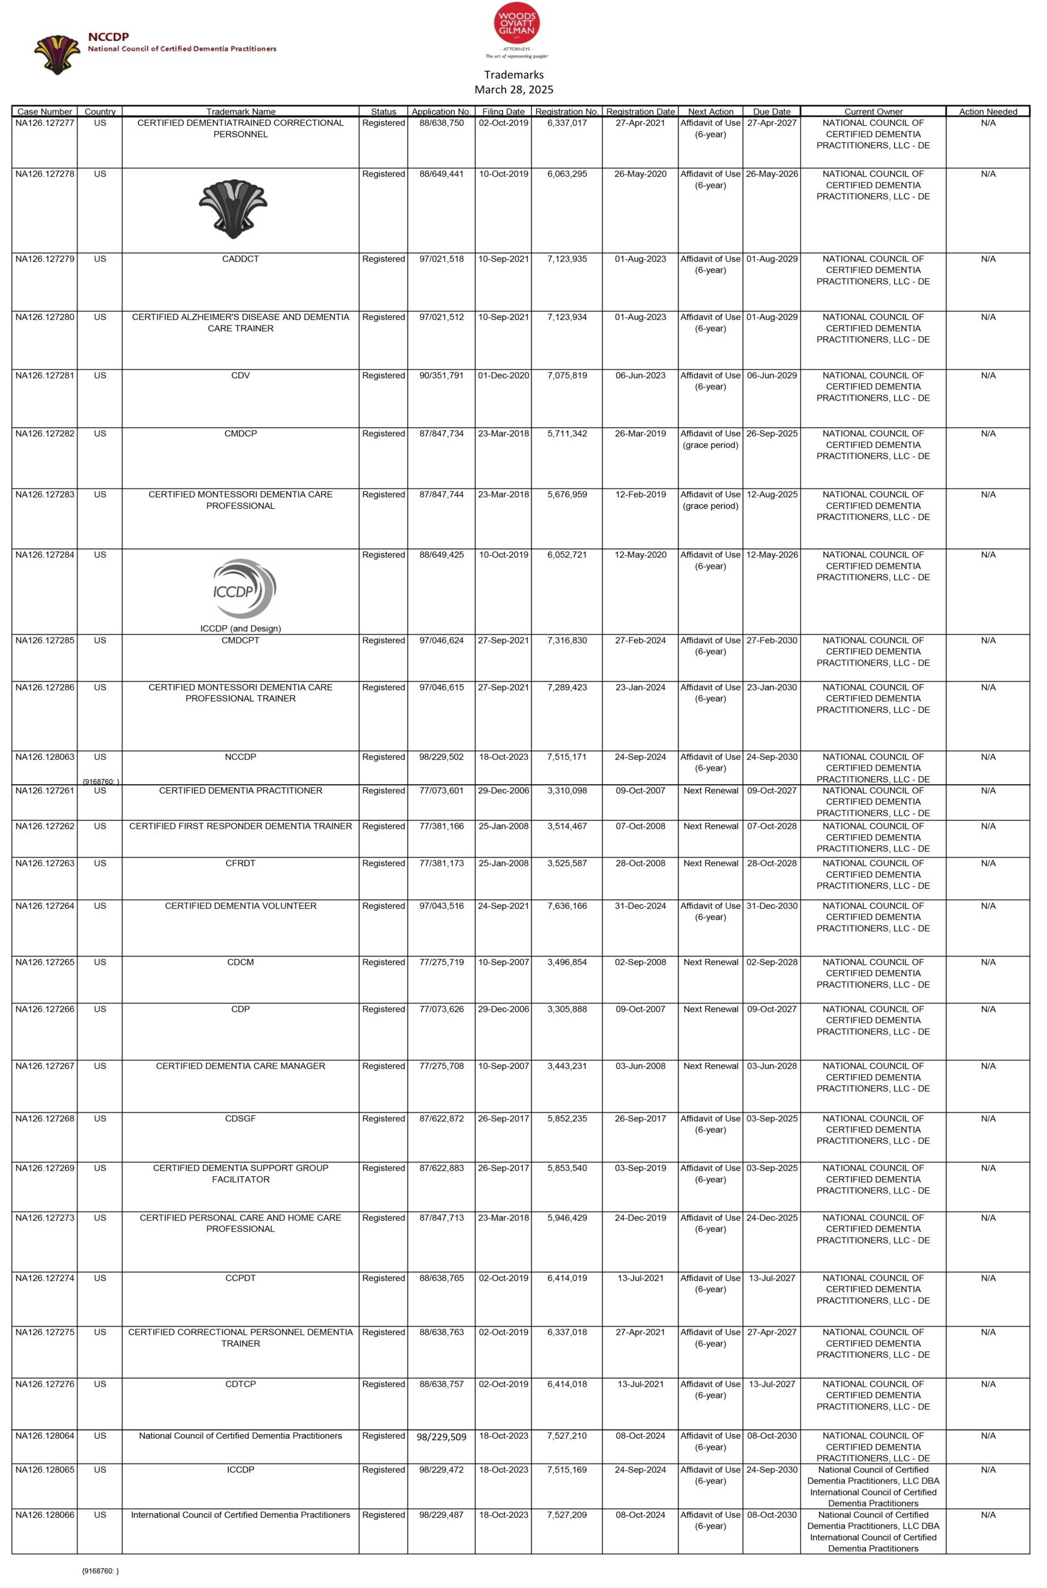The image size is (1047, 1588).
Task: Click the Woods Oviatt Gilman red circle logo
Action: (x=516, y=24)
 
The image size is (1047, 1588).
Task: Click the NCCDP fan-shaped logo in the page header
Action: (x=58, y=54)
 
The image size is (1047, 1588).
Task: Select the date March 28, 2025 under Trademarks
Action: (x=514, y=89)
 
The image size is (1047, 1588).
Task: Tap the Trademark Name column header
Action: (x=241, y=112)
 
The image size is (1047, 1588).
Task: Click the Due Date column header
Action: (x=771, y=112)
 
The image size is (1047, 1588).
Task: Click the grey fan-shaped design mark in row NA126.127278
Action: (x=233, y=208)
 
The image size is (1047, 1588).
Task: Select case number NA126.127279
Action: (x=45, y=259)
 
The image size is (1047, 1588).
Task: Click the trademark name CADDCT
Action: (x=241, y=259)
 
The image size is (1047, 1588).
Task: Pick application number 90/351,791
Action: (x=442, y=375)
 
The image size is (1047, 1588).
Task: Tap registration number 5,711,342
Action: (x=567, y=434)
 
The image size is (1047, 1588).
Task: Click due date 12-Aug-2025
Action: (x=772, y=494)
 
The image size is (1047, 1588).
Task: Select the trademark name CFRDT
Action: (x=241, y=863)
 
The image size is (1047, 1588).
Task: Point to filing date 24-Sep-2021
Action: (x=503, y=906)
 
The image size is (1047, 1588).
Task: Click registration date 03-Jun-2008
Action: (x=640, y=1066)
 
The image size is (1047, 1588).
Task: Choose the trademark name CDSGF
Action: (x=241, y=1118)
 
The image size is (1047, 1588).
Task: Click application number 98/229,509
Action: (x=442, y=1437)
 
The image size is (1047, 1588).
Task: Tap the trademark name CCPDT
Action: (x=241, y=1278)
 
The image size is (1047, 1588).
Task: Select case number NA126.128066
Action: (x=45, y=1515)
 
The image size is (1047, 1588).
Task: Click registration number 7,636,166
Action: (x=567, y=906)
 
